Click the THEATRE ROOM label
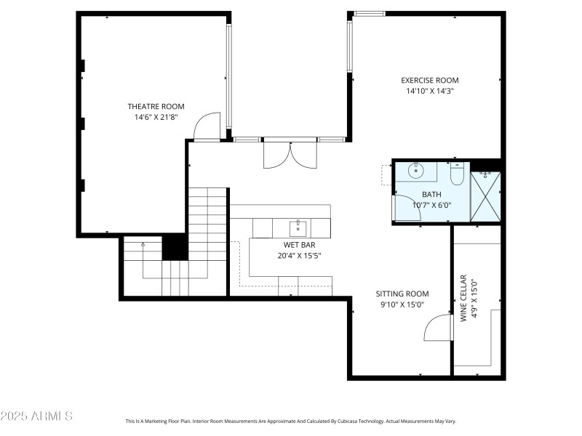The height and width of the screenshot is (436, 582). pos(156,106)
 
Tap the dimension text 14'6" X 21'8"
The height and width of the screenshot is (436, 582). pos(156,116)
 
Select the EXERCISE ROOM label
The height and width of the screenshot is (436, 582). pos(430,81)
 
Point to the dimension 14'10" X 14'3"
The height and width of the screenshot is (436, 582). pos(430,92)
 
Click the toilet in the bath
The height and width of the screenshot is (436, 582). pos(457,174)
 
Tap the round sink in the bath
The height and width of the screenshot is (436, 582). pos(415,171)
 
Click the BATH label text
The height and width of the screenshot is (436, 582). pos(431,195)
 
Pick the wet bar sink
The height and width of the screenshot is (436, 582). pos(298,228)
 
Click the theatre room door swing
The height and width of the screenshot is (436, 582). pos(207,126)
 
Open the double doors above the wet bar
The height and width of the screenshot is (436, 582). pos(290,154)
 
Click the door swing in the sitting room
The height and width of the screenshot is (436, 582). pos(437,327)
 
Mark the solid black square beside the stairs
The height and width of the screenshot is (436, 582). pos(175,247)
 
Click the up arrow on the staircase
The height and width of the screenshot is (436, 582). pos(143,246)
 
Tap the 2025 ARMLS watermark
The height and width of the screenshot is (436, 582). pos(36,416)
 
